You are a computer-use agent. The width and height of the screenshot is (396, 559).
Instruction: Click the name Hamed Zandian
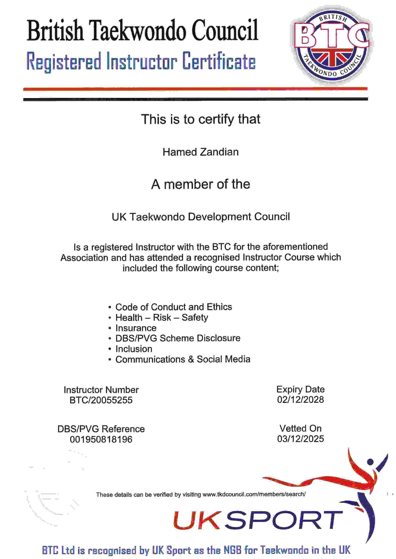pos(200,152)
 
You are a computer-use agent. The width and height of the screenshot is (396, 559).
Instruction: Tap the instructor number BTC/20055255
pos(101,400)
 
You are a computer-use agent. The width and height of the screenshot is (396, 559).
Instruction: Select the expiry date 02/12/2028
pos(300,400)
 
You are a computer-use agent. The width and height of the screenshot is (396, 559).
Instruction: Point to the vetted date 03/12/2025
pos(300,439)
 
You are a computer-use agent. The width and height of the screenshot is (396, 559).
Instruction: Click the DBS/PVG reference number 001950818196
pos(101,439)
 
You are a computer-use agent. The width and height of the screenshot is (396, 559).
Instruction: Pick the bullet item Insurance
pos(136,328)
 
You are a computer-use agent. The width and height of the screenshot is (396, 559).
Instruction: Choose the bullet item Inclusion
pos(134,349)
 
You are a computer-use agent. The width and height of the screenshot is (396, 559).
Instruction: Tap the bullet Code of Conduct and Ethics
pos(174,307)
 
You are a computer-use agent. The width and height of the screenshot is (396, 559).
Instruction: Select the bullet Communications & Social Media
pos(182,359)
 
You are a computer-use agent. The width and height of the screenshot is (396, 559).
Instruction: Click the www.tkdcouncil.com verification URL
pos(254,494)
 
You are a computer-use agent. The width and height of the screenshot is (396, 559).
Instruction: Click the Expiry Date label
pos(300,389)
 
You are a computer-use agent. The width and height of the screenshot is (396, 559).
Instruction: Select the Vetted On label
pos(300,428)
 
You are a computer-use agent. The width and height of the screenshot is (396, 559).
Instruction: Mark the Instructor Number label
pos(101,390)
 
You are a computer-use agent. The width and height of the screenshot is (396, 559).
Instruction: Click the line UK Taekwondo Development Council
pos(201,217)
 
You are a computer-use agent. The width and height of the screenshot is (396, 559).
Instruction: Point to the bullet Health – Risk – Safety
pos(161,318)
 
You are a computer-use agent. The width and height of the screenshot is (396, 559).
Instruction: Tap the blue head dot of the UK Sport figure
pos(370,462)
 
